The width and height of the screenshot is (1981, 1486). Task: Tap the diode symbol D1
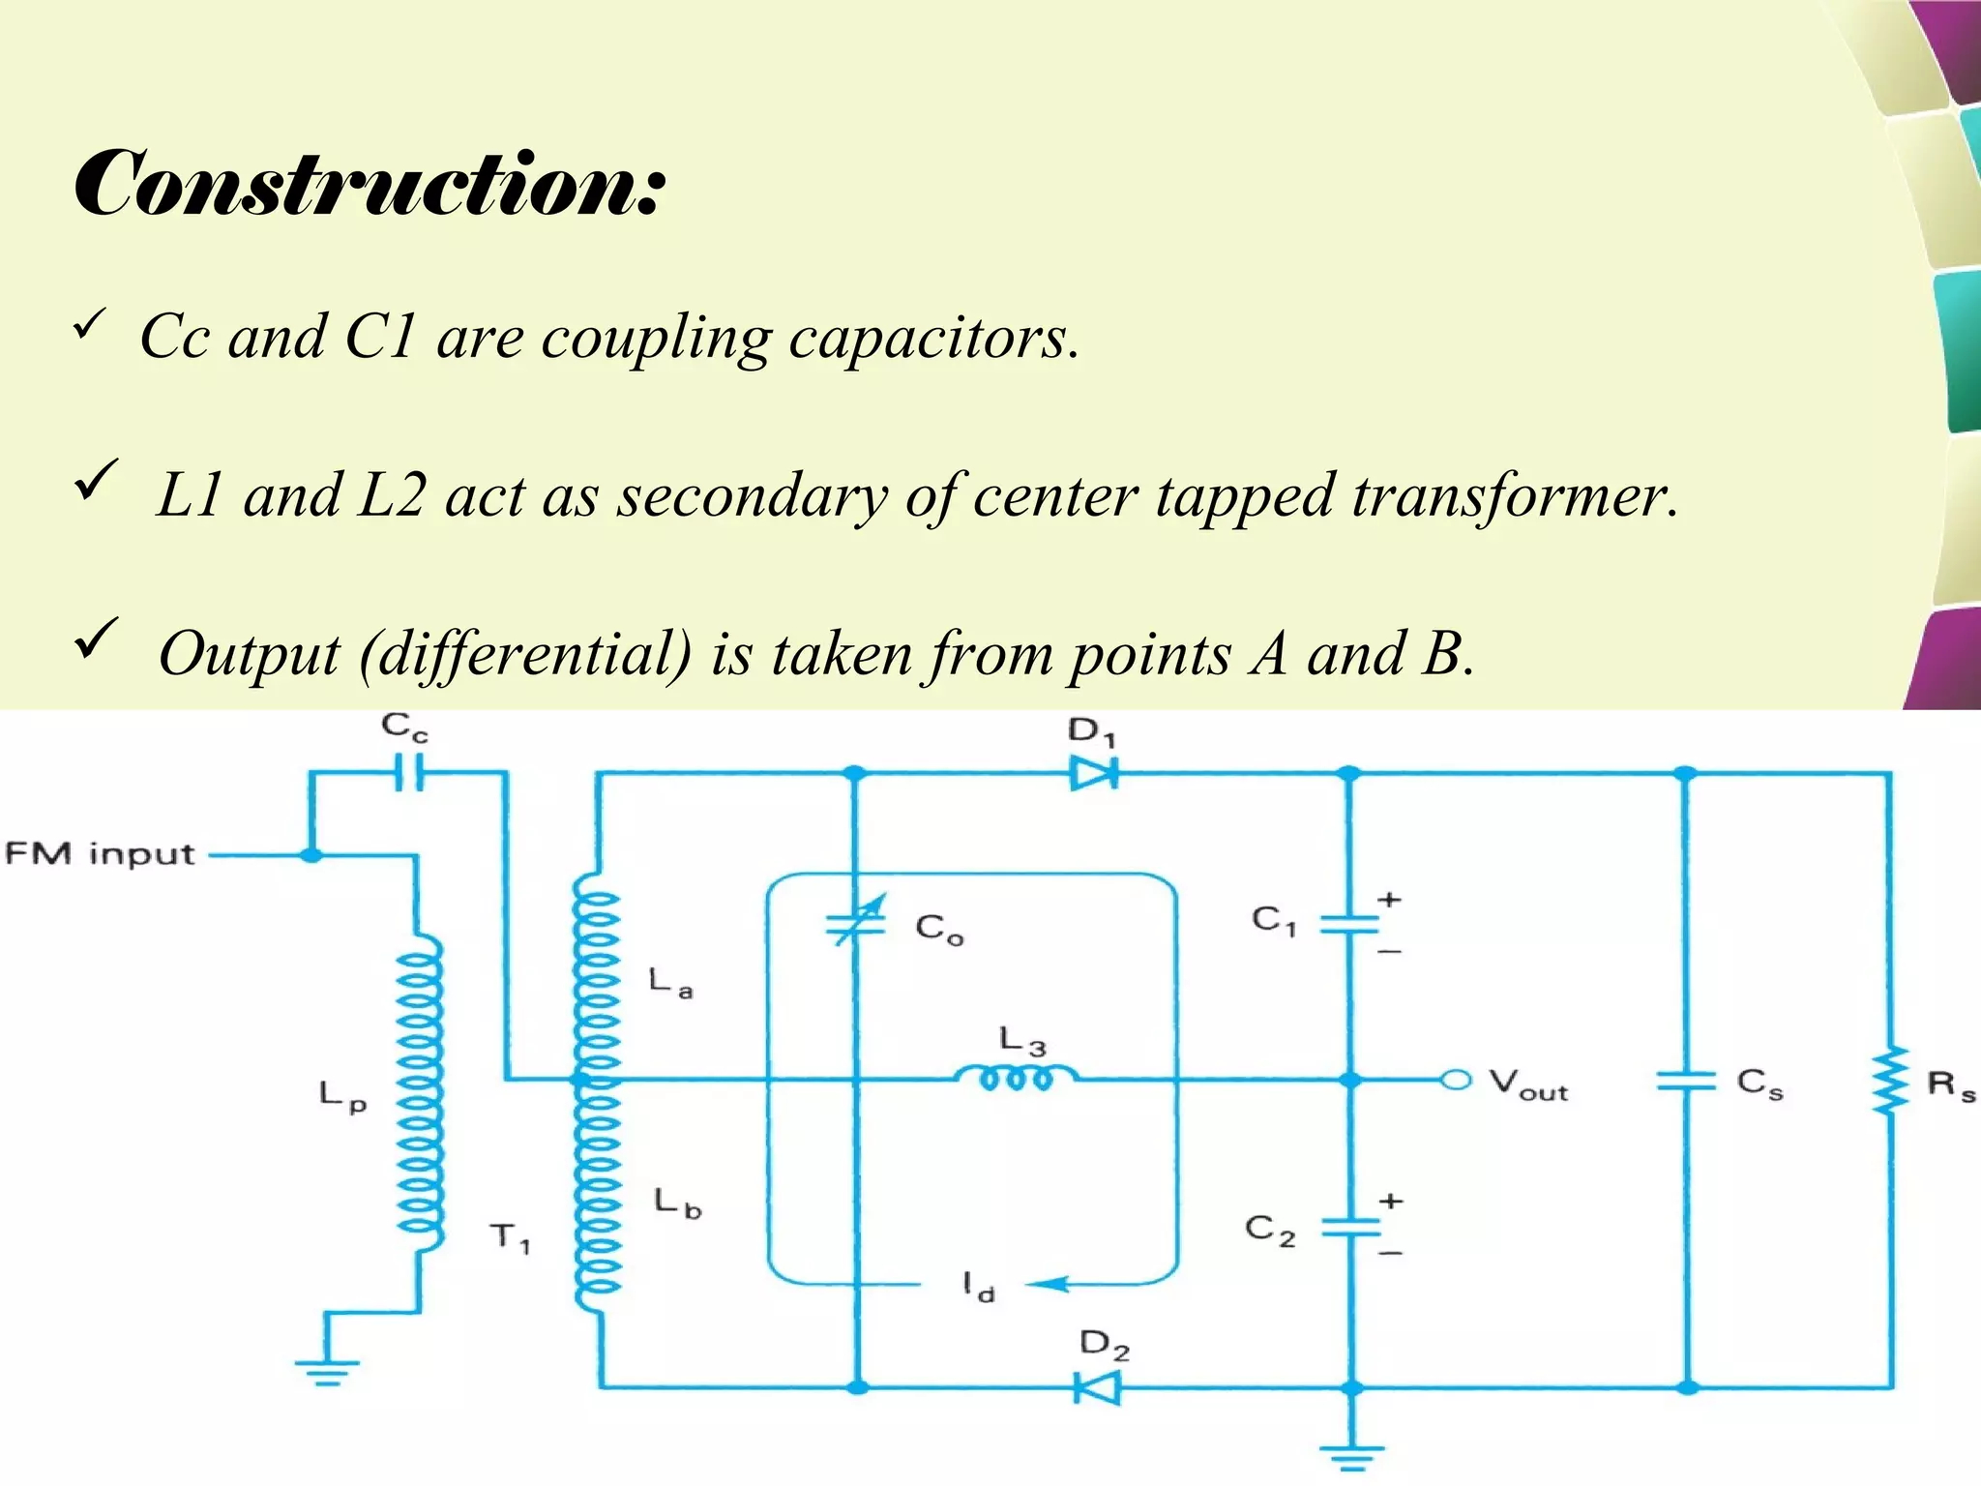tap(1094, 773)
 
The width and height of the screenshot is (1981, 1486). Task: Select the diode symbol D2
tap(1098, 1388)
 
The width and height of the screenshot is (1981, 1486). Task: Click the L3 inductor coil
tap(1016, 1077)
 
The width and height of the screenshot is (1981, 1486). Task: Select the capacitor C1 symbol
tap(1350, 924)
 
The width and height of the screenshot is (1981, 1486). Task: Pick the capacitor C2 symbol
tap(1350, 1227)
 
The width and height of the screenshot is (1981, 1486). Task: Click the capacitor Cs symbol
tap(1686, 1081)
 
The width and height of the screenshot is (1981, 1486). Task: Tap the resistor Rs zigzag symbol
tap(1889, 1081)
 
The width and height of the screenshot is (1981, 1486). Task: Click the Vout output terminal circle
tap(1456, 1080)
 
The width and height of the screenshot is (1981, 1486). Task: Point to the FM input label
tap(100, 854)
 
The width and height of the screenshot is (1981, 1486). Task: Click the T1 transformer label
tap(510, 1237)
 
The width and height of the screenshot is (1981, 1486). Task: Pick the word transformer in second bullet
tap(1514, 496)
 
